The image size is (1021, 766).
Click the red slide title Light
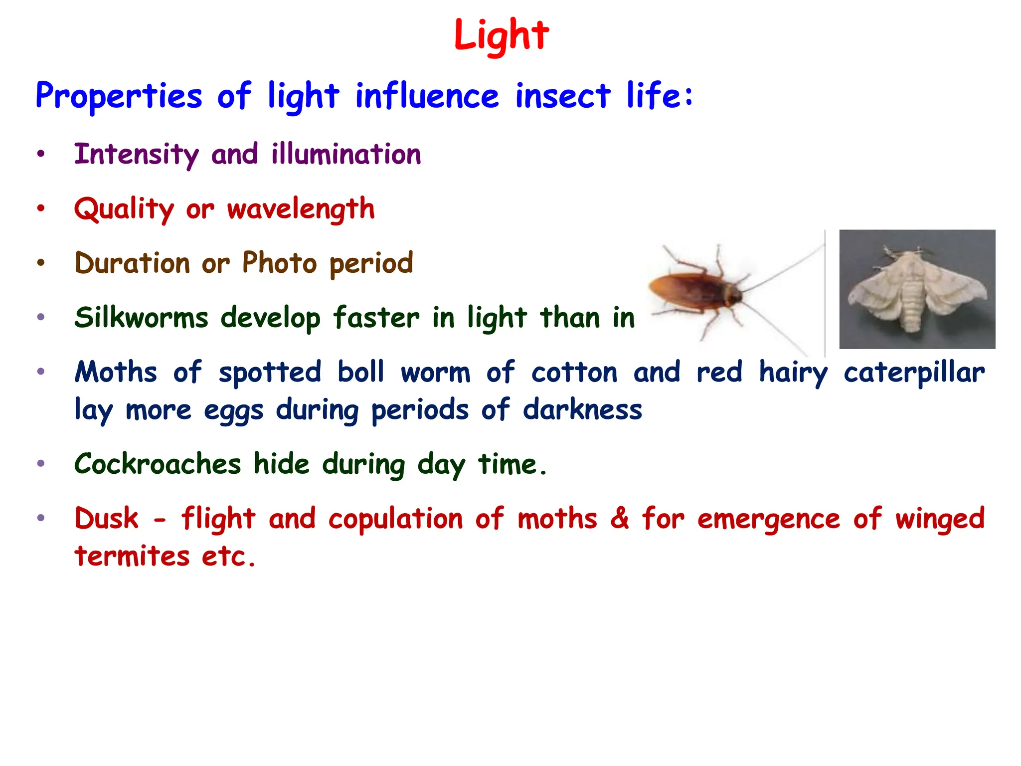501,36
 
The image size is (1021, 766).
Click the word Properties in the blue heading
119,96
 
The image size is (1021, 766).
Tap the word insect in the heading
562,96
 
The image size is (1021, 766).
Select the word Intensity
136,155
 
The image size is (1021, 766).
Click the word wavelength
301,209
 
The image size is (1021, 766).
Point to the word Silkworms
141,318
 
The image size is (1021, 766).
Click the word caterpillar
914,373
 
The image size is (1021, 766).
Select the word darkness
582,410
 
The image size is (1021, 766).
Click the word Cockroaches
158,464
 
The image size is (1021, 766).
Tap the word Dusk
106,519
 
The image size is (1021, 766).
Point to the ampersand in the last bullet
619,519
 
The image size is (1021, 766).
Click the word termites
132,556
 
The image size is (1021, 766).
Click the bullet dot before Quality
41,208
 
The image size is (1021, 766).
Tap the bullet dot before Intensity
41,154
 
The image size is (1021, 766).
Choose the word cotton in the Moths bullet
574,373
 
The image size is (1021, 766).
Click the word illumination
346,155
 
